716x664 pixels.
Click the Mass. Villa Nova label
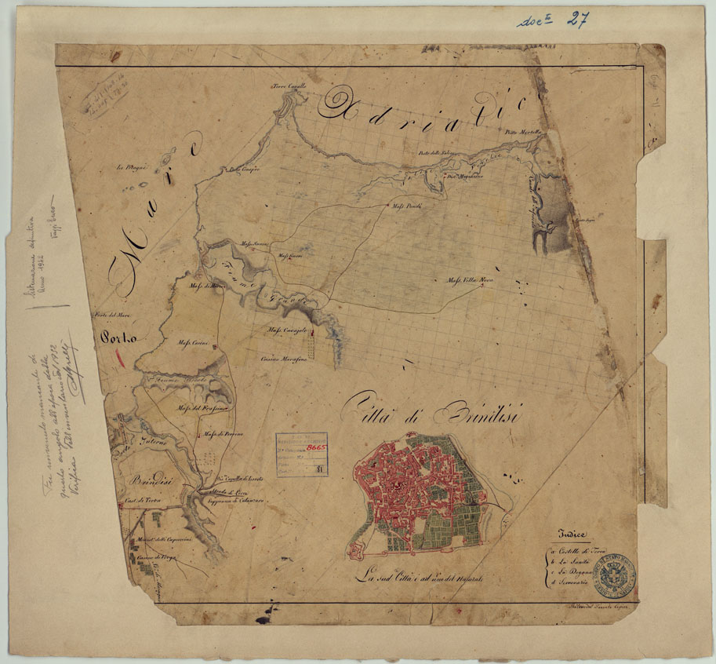pyautogui.click(x=470, y=279)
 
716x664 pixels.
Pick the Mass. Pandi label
pyautogui.click(x=407, y=206)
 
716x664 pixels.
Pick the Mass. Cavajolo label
pyautogui.click(x=286, y=330)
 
